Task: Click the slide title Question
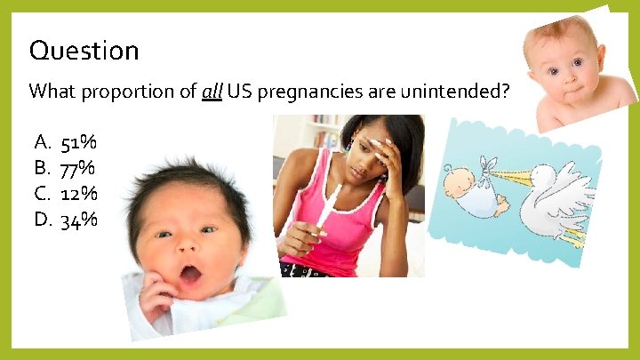84,51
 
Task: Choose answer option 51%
79,142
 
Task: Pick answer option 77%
78,168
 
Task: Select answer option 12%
79,194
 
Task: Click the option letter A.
41,142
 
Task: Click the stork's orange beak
508,174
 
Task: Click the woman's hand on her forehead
387,156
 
